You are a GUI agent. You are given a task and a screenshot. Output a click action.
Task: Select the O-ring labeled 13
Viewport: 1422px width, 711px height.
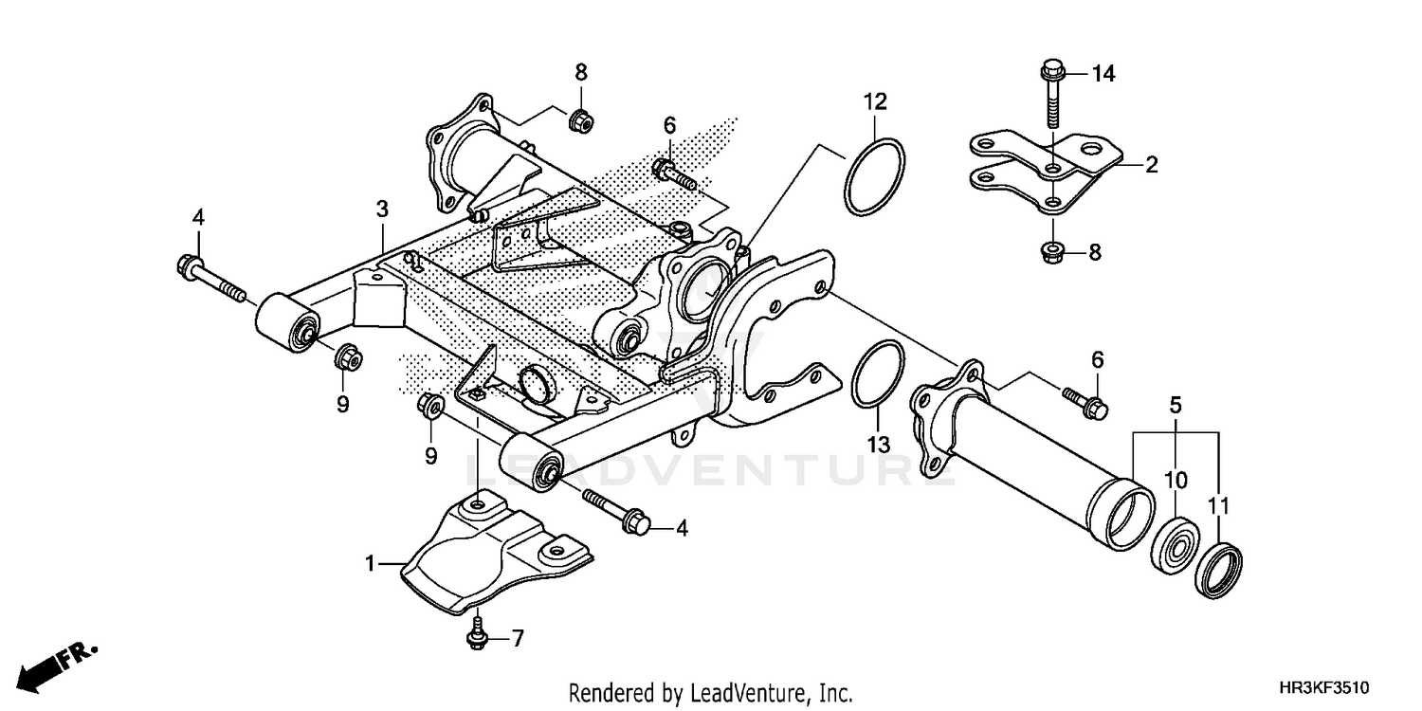(x=878, y=374)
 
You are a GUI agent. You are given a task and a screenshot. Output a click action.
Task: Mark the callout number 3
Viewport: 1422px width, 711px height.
(x=382, y=208)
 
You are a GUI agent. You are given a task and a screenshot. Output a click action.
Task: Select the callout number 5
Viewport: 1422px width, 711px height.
(x=1176, y=405)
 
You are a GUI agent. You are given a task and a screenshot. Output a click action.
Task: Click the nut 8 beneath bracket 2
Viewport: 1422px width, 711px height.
(x=1051, y=251)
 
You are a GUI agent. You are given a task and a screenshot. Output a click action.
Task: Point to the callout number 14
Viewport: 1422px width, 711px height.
(x=1104, y=73)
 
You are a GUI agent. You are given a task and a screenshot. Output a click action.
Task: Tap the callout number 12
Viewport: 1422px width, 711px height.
(x=874, y=100)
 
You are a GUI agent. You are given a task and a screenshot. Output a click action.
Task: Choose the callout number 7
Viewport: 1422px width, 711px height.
(x=518, y=639)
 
